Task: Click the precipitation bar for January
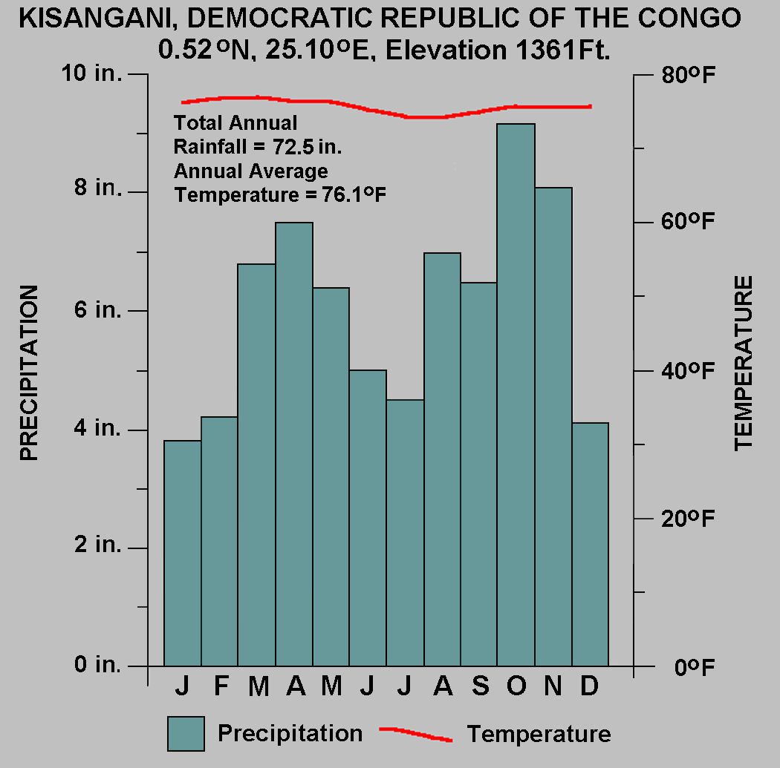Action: point(182,553)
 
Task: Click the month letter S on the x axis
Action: point(481,687)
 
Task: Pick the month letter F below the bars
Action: point(221,687)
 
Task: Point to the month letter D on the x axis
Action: point(589,687)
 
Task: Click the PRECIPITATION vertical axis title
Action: point(28,373)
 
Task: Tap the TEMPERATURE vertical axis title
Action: point(744,363)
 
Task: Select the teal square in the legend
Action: point(186,734)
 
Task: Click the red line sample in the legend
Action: point(415,734)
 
